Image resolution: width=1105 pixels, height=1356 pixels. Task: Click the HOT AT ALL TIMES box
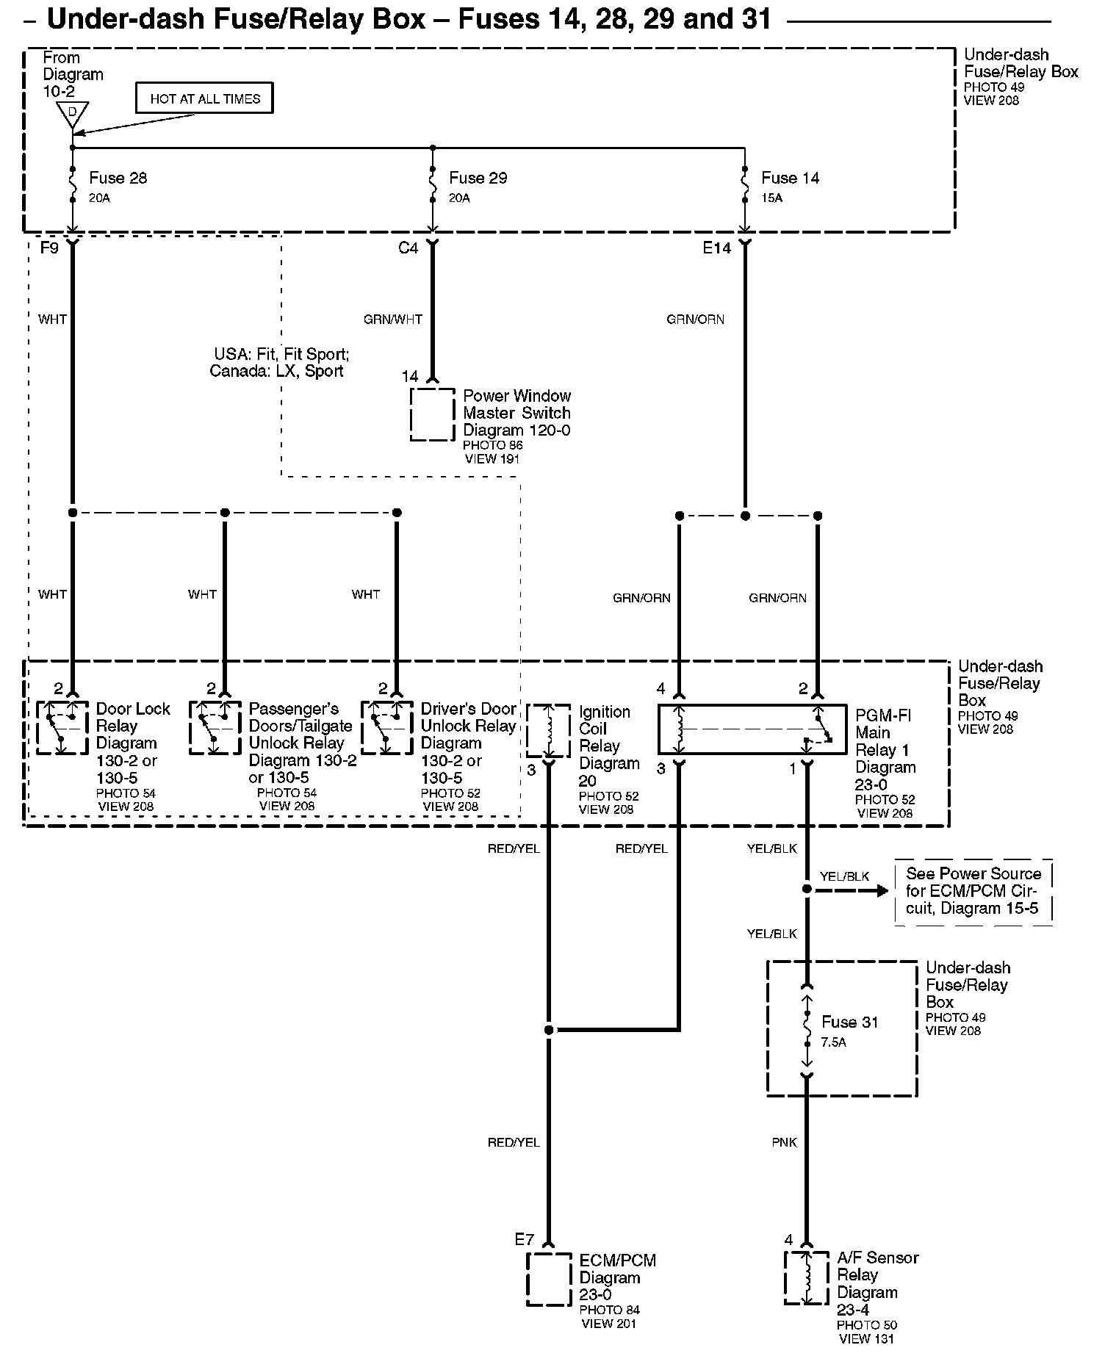204,98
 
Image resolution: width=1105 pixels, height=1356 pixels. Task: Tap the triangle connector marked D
72,113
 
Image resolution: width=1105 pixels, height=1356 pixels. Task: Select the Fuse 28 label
118,178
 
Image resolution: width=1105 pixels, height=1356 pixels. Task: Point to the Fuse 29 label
478,178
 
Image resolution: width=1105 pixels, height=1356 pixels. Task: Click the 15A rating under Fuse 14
771,198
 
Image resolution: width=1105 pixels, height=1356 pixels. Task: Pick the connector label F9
48,248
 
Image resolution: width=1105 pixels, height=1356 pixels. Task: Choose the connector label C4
408,248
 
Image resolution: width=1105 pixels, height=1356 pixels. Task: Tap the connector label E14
716,248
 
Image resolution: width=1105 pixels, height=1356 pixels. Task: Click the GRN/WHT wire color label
393,320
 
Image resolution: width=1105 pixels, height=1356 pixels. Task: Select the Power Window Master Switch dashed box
432,414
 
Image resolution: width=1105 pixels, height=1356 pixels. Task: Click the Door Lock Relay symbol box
62,727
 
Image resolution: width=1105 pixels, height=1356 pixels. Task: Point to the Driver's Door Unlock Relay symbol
386,727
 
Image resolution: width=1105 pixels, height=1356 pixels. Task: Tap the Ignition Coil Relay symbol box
548,731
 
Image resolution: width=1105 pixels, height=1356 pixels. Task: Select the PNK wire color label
785,1143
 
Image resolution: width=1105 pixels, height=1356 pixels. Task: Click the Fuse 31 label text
849,1022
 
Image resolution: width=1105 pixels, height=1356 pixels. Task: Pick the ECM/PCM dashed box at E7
549,1279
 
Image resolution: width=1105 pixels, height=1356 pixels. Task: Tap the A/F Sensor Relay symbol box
806,1278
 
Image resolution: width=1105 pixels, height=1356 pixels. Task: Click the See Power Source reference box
973,891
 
